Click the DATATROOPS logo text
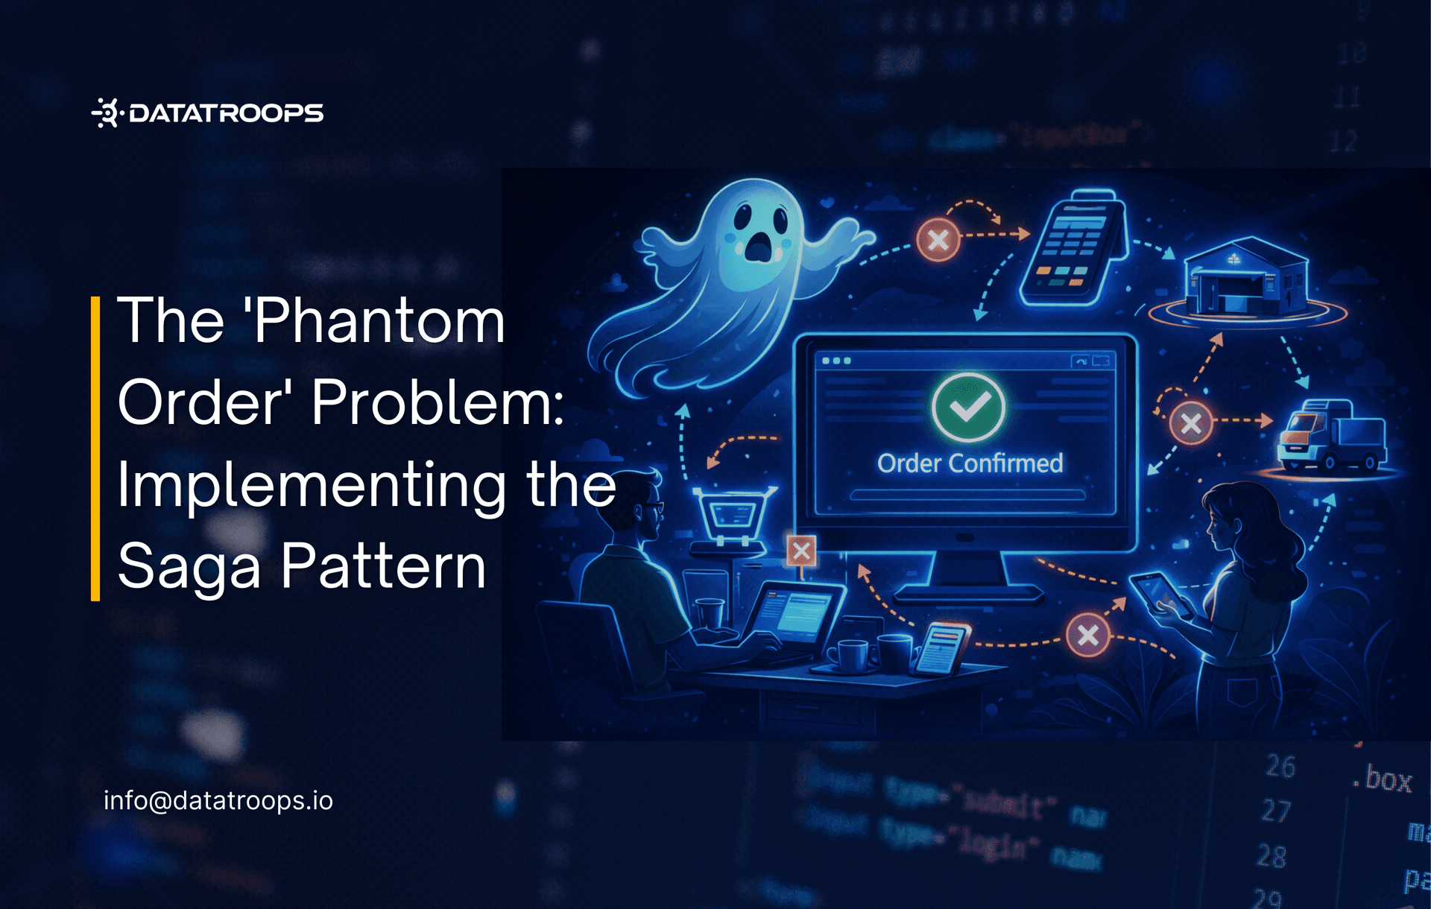click(x=226, y=113)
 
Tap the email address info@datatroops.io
click(x=218, y=800)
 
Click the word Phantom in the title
click(x=379, y=320)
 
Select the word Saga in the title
click(x=189, y=566)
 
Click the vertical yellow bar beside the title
click(x=95, y=448)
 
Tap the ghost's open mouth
click(x=759, y=246)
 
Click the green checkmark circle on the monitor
click(x=967, y=407)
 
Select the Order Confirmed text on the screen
click(x=970, y=463)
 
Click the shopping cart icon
click(x=733, y=514)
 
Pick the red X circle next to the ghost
click(x=938, y=240)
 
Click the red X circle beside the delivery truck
click(x=1190, y=423)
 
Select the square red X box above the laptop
click(x=801, y=551)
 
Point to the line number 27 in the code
click(x=1275, y=811)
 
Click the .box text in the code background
click(x=1382, y=780)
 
